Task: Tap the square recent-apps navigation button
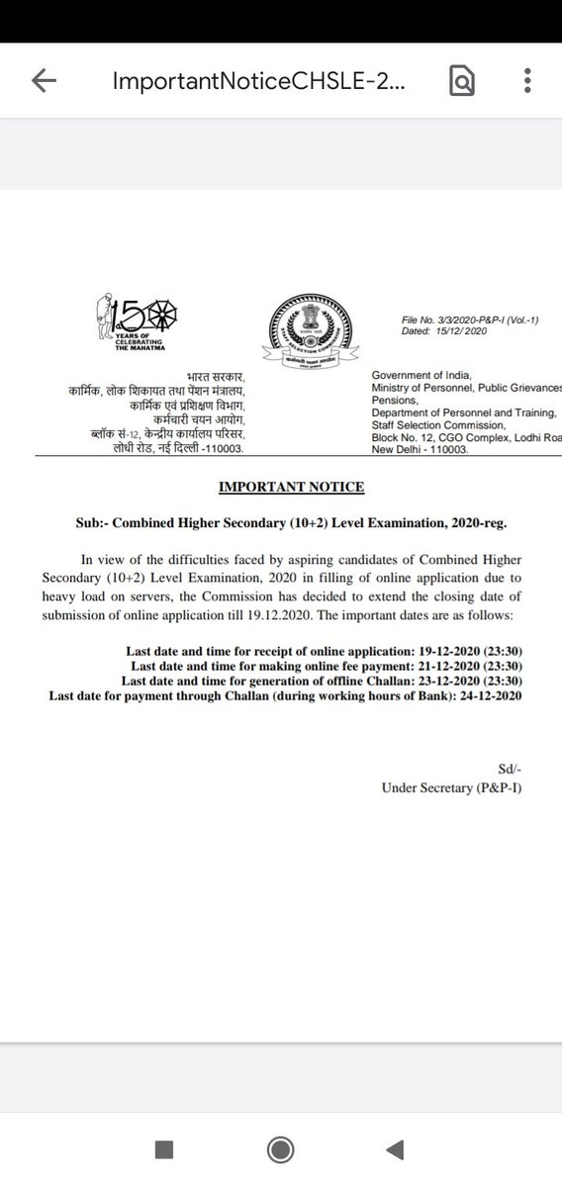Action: tap(164, 1148)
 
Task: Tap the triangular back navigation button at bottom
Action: tap(394, 1148)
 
